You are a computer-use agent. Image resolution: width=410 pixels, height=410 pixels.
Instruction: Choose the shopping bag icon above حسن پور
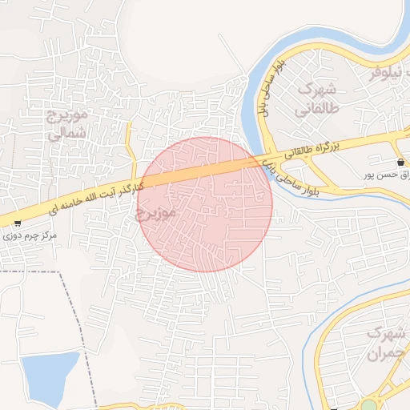pos(400,163)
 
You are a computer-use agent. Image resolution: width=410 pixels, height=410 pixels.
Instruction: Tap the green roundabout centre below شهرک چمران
pos(368,405)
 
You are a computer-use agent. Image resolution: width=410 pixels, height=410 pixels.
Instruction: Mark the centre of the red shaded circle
pos(205,204)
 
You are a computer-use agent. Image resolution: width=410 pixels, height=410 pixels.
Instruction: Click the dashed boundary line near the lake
pos(80,336)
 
